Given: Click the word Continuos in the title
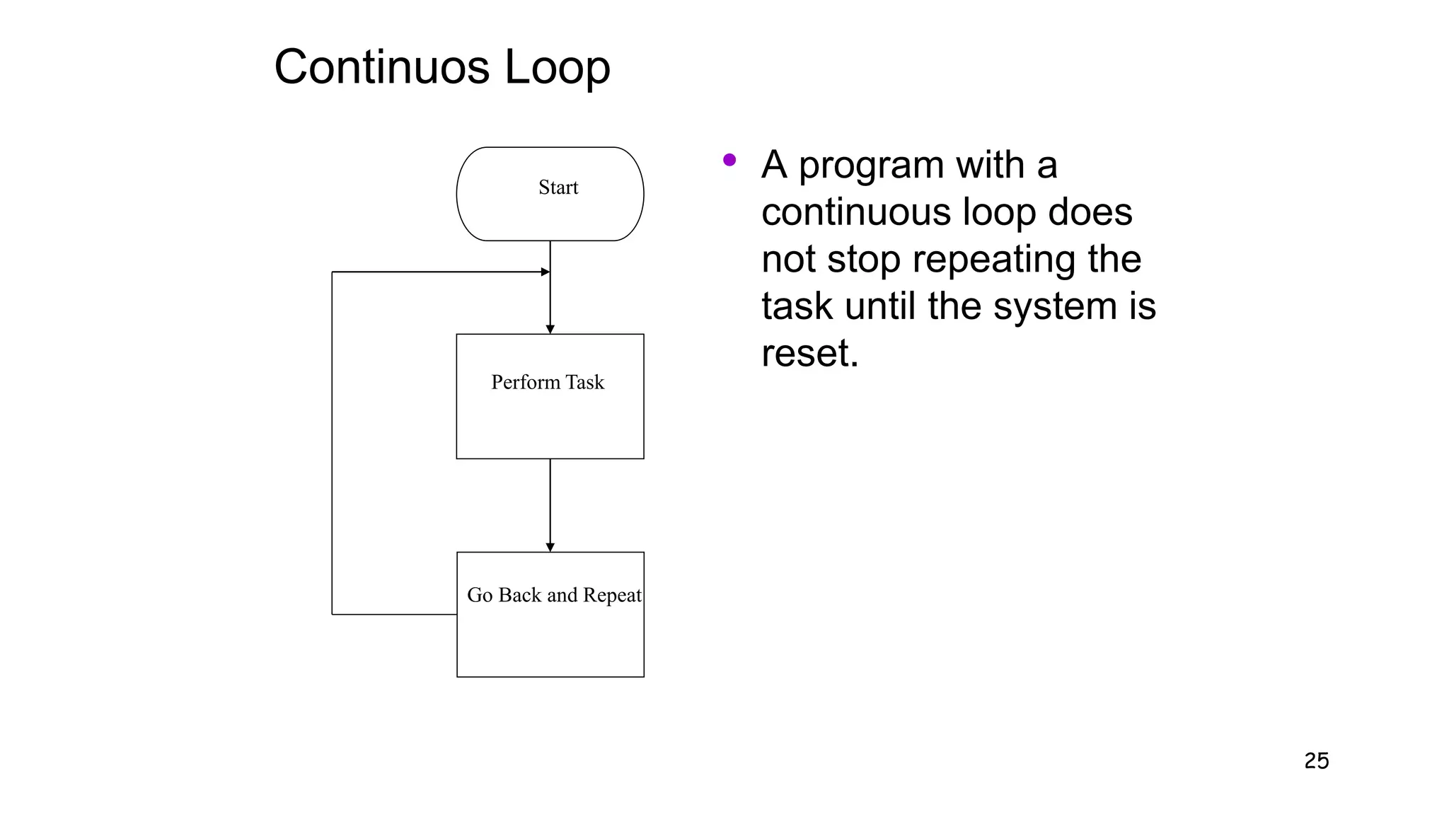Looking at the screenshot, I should [x=382, y=67].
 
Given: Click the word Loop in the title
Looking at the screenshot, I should [x=557, y=67].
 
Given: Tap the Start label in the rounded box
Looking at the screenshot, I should [x=558, y=187].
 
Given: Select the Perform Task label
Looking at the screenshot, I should [x=548, y=383].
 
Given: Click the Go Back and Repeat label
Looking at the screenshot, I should [x=554, y=595].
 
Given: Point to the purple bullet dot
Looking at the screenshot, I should [x=729, y=161].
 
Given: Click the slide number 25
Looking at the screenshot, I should [x=1316, y=761].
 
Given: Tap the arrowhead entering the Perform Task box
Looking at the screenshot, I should [x=550, y=329].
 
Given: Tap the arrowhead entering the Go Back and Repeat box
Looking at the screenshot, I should [x=550, y=547].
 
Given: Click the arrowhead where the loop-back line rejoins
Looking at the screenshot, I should [x=545, y=272].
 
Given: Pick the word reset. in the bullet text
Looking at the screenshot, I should [x=809, y=353].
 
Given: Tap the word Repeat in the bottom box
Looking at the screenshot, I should [x=612, y=595].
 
